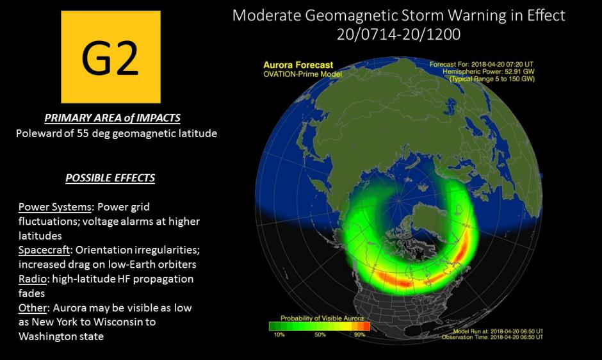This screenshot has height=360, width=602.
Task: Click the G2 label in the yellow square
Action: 110,58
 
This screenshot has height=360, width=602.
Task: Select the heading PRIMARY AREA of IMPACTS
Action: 113,118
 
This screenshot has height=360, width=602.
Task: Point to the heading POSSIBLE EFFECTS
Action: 110,178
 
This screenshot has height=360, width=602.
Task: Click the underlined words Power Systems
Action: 55,207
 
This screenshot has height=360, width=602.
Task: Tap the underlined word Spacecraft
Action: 44,250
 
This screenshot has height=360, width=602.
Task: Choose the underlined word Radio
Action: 33,279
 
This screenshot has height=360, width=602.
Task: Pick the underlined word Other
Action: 33,307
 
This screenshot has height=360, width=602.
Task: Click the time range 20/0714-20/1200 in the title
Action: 398,35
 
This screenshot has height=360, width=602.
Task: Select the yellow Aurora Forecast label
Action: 298,65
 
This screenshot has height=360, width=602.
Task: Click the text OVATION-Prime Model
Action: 302,74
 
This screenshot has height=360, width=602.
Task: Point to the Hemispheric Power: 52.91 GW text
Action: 489,72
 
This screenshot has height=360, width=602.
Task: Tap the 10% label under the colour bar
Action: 279,334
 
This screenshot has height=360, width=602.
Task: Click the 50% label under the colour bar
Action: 320,334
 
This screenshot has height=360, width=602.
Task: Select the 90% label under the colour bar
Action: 360,334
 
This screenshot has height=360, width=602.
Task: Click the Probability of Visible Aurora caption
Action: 321,318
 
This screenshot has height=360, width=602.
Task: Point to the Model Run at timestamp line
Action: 498,331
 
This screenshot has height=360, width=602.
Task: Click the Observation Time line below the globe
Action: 492,337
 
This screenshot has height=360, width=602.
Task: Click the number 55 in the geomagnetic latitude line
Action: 83,133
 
